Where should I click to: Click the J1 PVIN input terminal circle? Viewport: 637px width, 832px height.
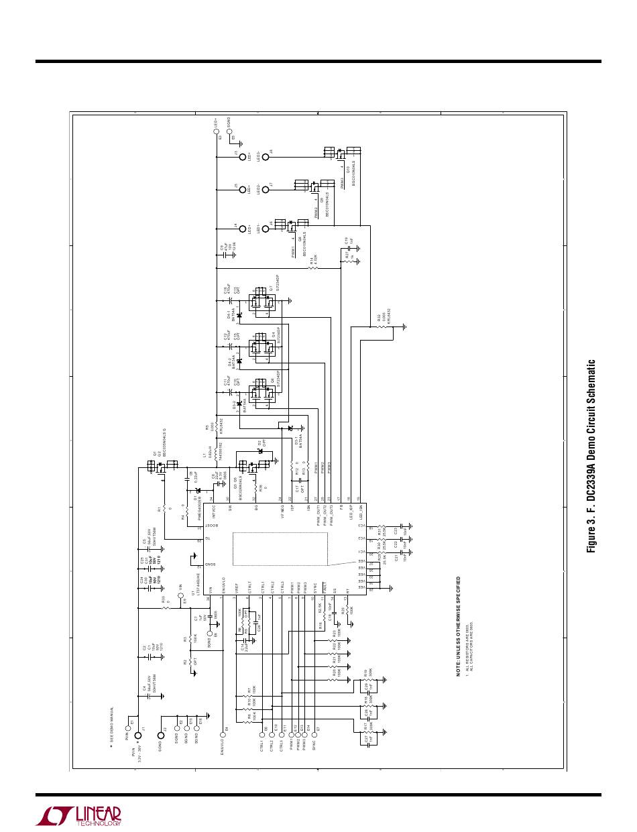point(138,735)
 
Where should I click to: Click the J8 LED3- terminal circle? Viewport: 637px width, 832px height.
point(266,158)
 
